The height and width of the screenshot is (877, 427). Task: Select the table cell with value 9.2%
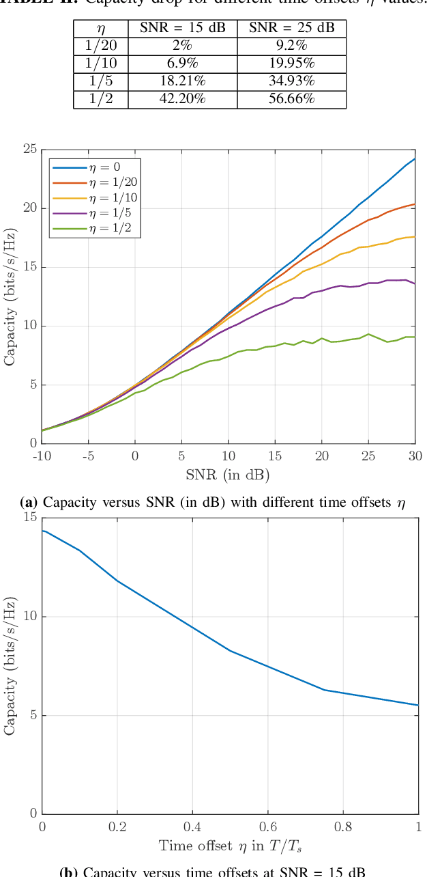pyautogui.click(x=291, y=46)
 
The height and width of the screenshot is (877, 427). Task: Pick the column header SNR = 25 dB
pyautogui.click(x=291, y=28)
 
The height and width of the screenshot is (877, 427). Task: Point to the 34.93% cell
pyautogui.click(x=291, y=81)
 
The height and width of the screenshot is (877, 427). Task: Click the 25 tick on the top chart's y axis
pyautogui.click(x=30, y=149)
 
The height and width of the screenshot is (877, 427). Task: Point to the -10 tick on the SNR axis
pyautogui.click(x=42, y=456)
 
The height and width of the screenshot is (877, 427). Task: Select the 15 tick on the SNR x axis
pyautogui.click(x=275, y=456)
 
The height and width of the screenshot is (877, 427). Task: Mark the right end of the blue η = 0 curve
pyautogui.click(x=415, y=159)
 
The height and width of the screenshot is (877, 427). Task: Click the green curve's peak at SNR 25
pyautogui.click(x=368, y=334)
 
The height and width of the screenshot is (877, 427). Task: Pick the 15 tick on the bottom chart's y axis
pyautogui.click(x=30, y=518)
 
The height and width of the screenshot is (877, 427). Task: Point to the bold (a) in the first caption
pyautogui.click(x=29, y=503)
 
